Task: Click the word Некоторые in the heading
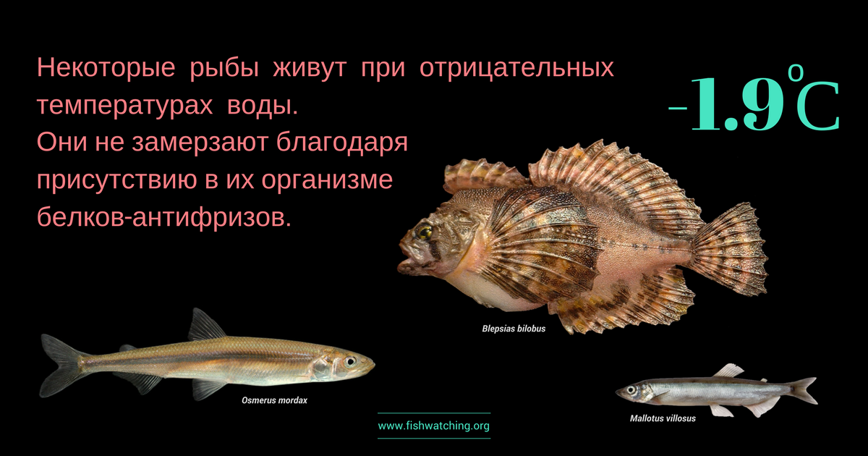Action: tap(106, 67)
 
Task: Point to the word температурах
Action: tap(124, 106)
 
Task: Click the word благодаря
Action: tap(342, 143)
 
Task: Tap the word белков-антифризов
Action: tap(164, 218)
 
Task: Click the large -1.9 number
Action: tap(726, 104)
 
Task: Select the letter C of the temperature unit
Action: tap(817, 106)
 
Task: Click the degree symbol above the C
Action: tap(796, 72)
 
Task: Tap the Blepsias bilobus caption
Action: tap(514, 329)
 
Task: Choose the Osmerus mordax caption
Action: tap(274, 400)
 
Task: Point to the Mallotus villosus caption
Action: tap(663, 418)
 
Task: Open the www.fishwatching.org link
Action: tap(433, 426)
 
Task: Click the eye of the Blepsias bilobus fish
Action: tap(424, 232)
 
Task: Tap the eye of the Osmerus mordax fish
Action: tap(350, 362)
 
